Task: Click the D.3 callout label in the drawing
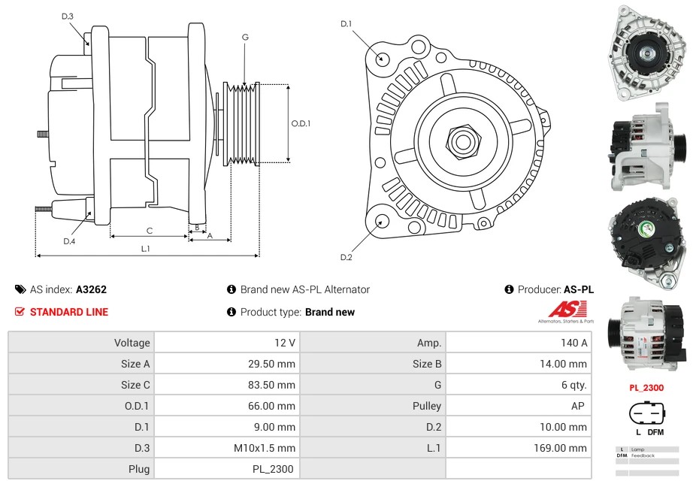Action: click(x=68, y=16)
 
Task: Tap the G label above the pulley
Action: click(x=245, y=37)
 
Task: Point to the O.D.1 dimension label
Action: click(x=301, y=124)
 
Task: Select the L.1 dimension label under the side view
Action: click(x=145, y=248)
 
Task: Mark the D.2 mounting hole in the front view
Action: click(x=382, y=221)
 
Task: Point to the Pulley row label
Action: click(x=427, y=406)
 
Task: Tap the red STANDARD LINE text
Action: click(x=68, y=312)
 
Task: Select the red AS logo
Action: click(x=561, y=309)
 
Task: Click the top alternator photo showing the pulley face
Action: click(x=646, y=53)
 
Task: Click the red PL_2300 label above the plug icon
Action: click(x=646, y=389)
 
